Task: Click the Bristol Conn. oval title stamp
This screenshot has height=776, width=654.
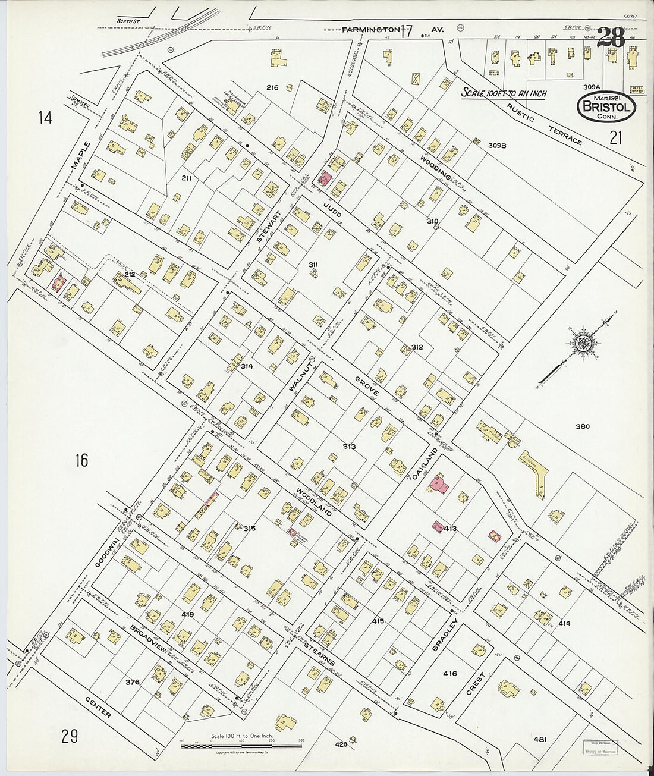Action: click(606, 107)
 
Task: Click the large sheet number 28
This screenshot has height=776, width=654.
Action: click(610, 38)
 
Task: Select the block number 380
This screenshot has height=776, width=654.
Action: click(583, 426)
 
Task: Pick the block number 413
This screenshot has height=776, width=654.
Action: click(450, 528)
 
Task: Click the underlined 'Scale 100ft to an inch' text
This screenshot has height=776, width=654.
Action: click(504, 93)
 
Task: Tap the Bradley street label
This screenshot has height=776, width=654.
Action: click(447, 636)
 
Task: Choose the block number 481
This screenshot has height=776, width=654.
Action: click(540, 739)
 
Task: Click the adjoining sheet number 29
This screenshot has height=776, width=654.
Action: click(70, 737)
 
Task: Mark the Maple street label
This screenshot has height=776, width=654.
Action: click(81, 156)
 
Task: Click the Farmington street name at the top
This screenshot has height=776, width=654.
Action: click(370, 29)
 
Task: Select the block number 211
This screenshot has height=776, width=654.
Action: click(187, 178)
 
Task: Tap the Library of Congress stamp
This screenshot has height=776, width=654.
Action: click(599, 746)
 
